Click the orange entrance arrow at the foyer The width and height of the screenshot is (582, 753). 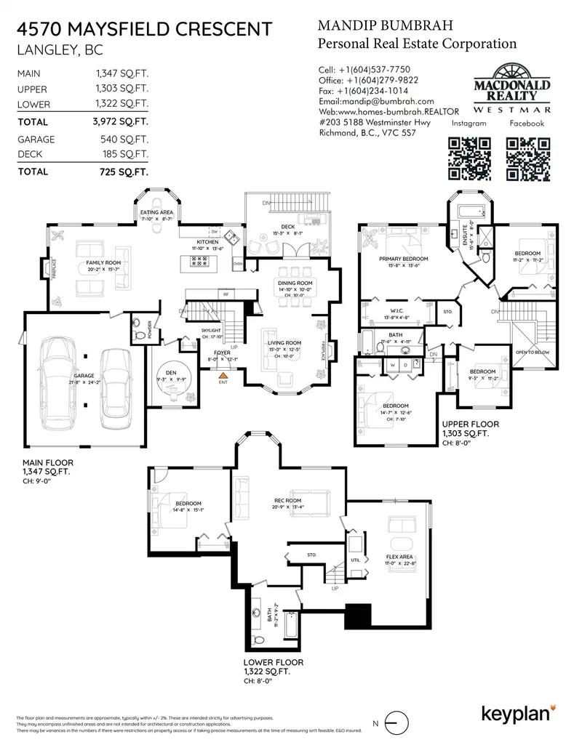(224, 374)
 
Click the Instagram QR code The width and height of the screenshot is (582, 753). (469, 158)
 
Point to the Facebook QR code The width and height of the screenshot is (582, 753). (526, 158)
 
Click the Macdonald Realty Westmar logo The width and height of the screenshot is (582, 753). (512, 89)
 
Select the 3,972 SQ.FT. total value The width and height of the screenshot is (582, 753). (121, 122)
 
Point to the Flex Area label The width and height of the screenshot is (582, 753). (400, 557)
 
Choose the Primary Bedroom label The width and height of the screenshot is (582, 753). (403, 258)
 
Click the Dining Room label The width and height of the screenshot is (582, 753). (295, 283)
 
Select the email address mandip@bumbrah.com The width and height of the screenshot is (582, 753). (376, 102)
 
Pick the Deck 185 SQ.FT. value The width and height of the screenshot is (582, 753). (121, 154)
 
